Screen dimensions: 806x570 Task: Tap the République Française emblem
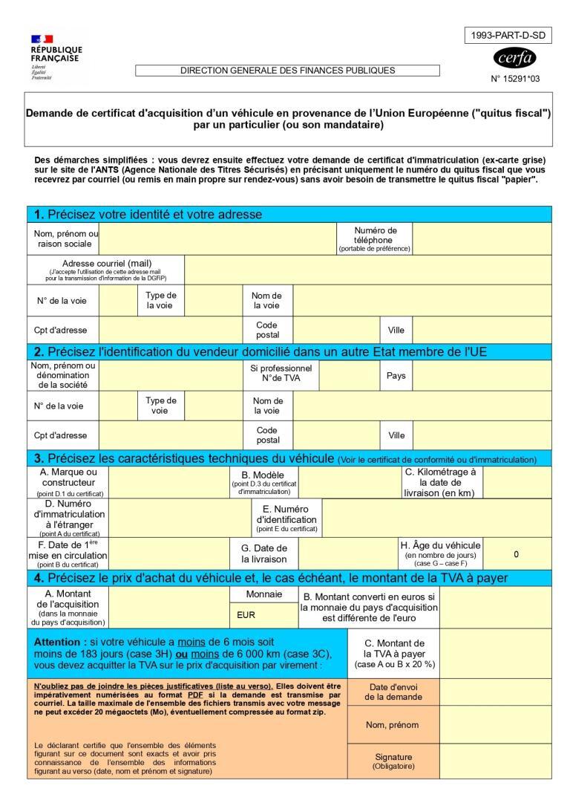coord(36,39)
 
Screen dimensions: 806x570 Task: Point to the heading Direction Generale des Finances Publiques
coord(287,70)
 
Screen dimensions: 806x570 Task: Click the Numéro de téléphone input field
coord(482,239)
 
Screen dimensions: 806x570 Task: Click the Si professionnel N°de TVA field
coord(349,375)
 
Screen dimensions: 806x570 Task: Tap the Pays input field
coord(482,375)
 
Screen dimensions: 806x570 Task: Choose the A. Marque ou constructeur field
coord(169,482)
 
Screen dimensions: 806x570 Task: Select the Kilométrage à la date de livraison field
coord(517,482)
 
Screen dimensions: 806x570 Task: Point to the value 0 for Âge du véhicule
coord(516,553)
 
